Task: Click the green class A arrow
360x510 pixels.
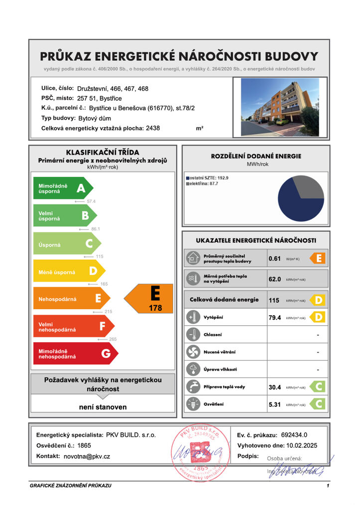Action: coord(62,188)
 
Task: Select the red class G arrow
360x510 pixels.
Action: coord(75,354)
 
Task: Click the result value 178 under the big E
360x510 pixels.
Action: coord(155,308)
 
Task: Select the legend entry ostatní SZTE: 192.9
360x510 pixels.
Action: coord(207,177)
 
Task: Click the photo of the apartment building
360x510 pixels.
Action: coord(280,107)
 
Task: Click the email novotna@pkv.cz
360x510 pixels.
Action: coord(87,456)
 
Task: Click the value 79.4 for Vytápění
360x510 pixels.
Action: coord(275,317)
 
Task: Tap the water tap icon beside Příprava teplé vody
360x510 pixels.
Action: coord(192,386)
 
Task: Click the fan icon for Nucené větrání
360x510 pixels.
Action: coord(192,352)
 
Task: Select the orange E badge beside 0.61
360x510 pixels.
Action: coord(317,258)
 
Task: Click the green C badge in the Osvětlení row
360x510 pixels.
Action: coord(317,403)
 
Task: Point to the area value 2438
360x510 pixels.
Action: coord(153,128)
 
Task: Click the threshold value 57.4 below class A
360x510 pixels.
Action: coord(91,201)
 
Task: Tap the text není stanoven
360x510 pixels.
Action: coord(103,407)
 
